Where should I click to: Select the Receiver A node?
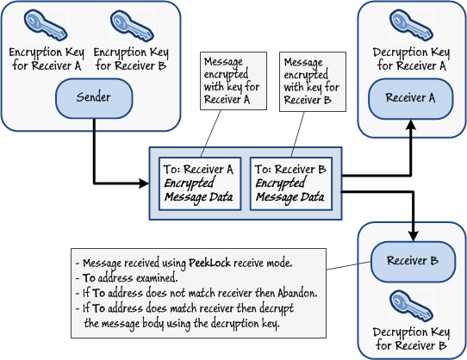click(x=410, y=98)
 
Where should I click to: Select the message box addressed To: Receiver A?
click(x=200, y=183)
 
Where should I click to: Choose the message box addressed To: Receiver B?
click(x=290, y=183)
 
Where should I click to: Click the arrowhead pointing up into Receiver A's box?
click(x=411, y=124)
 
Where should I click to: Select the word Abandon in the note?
click(x=295, y=293)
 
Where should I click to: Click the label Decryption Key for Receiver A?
click(x=410, y=59)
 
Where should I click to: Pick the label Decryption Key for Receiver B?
click(x=410, y=339)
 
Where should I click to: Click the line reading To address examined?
click(x=129, y=278)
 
